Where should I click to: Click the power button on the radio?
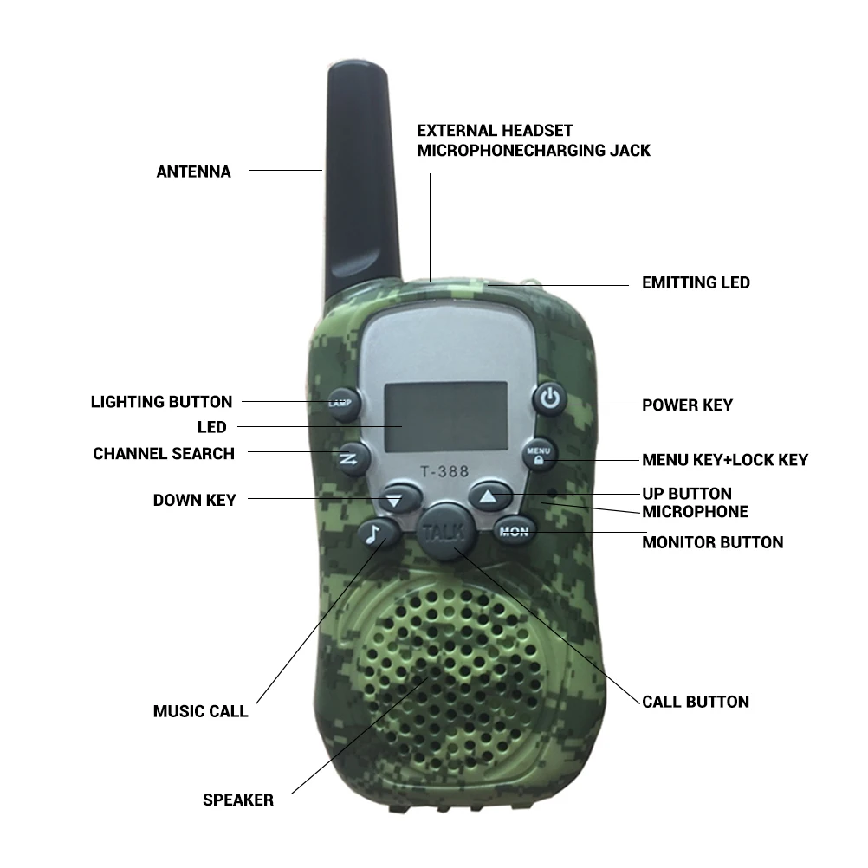tap(549, 398)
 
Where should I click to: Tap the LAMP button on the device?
tap(344, 404)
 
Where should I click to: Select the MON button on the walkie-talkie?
tap(515, 531)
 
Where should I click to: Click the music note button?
tap(379, 534)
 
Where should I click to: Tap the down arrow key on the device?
tap(397, 497)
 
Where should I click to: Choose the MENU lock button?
tap(539, 454)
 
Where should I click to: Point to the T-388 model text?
tap(444, 471)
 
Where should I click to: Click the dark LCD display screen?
tap(446, 416)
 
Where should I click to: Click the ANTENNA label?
tap(193, 172)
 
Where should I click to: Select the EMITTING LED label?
tap(696, 282)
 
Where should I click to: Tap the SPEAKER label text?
tap(238, 800)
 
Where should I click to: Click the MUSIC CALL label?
tap(200, 711)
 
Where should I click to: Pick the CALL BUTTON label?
tap(696, 702)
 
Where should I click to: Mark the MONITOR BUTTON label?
tap(712, 542)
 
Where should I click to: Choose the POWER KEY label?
tap(687, 405)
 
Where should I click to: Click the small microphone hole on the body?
tap(552, 492)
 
